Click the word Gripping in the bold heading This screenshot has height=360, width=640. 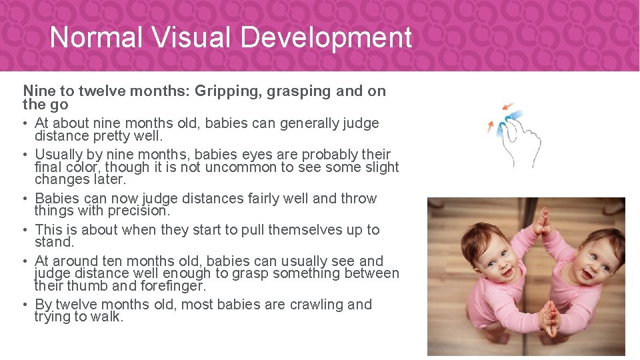coord(227,91)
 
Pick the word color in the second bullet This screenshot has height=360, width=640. coord(80,167)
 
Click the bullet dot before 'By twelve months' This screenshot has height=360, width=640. coord(26,305)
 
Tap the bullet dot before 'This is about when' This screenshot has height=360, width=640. coord(26,231)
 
